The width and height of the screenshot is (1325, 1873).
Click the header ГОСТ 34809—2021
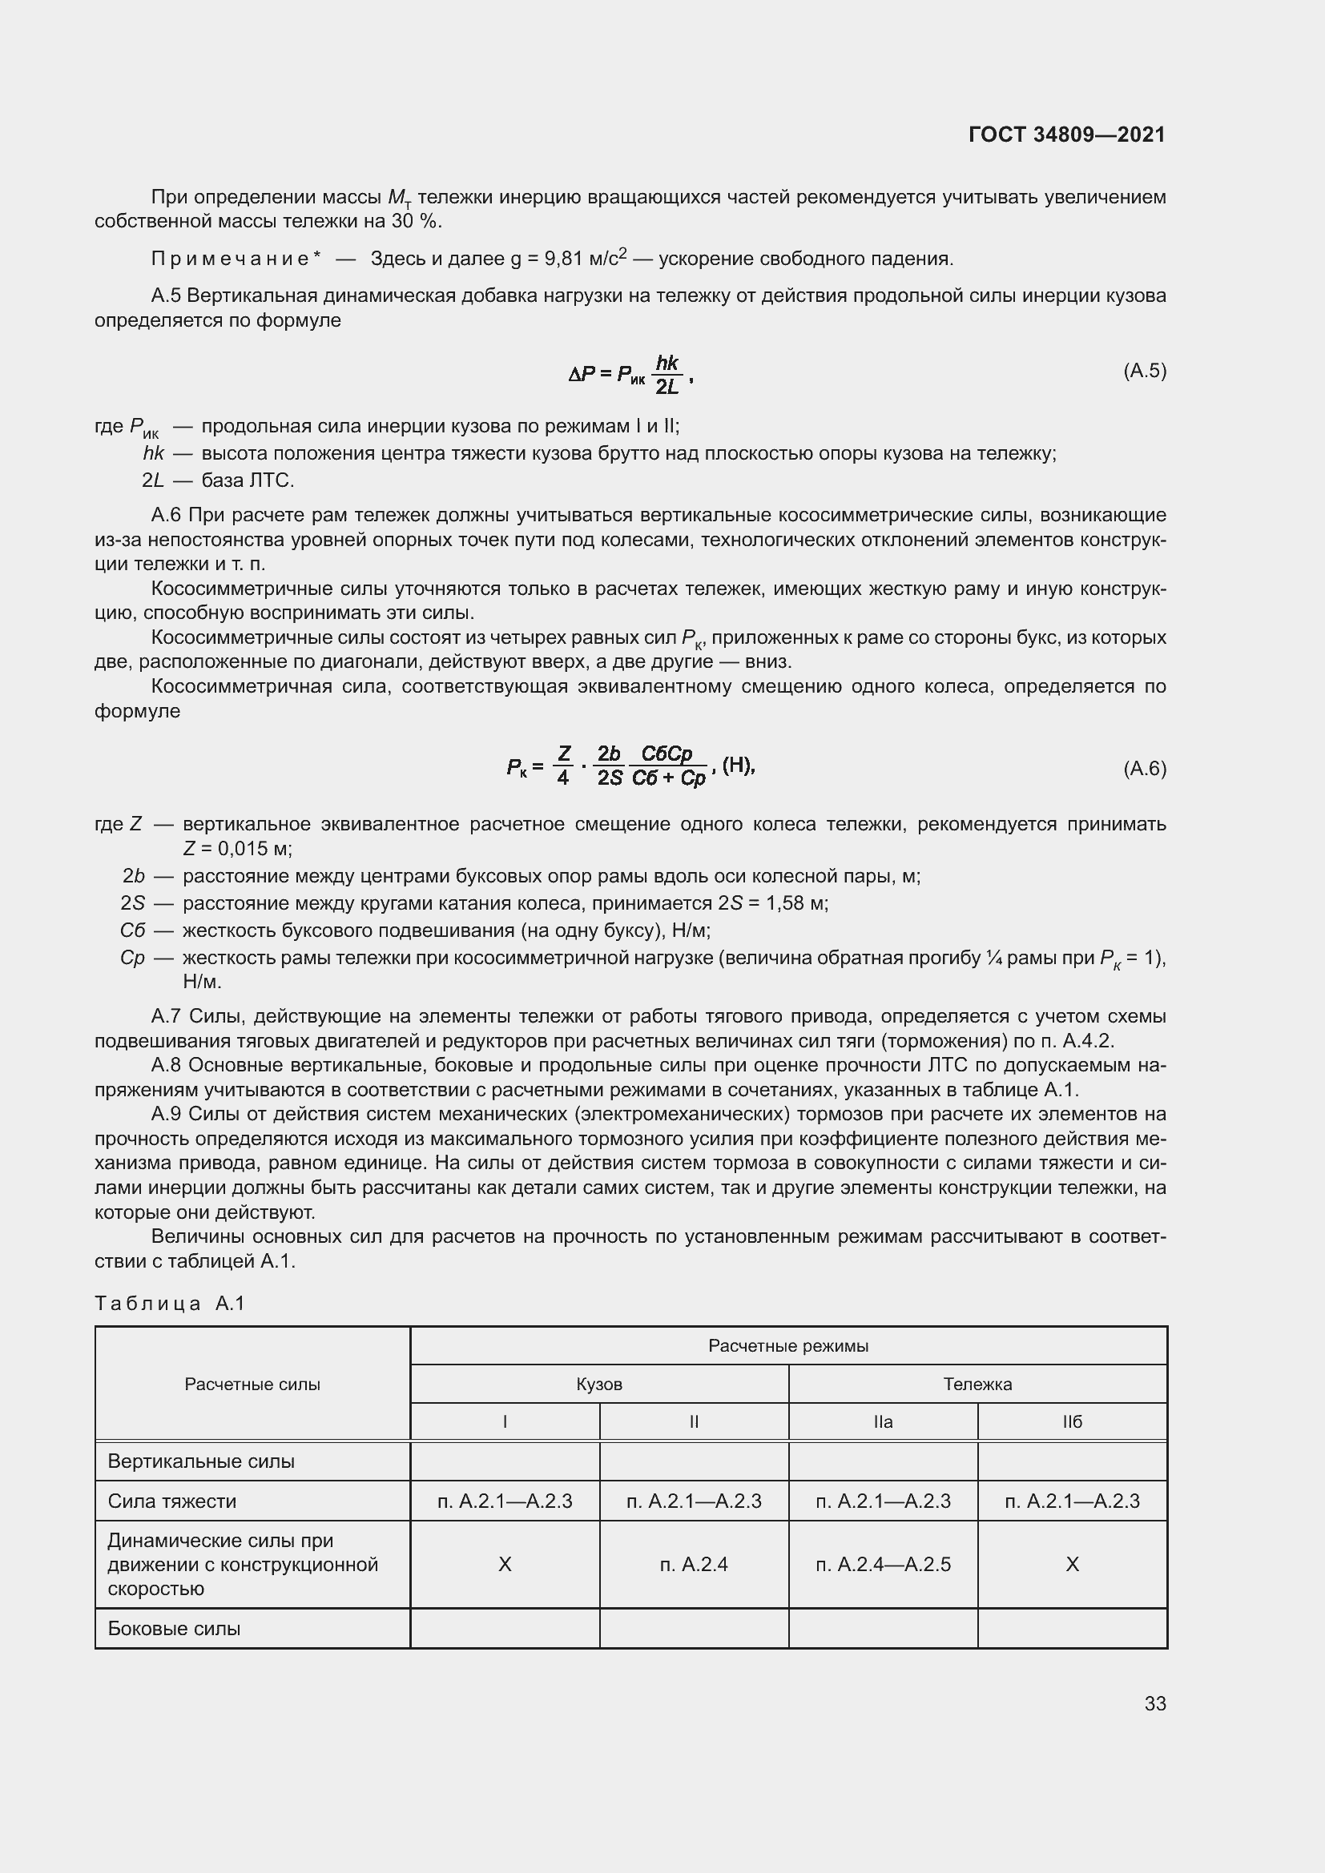[1066, 135]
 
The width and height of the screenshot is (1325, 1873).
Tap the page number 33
[1154, 1703]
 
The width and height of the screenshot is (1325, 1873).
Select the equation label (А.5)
[1145, 372]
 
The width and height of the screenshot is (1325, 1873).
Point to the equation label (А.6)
[1145, 769]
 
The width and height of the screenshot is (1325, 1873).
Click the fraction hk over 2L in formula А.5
[667, 375]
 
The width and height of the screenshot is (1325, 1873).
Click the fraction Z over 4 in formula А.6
[563, 766]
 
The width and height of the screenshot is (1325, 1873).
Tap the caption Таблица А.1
[170, 1304]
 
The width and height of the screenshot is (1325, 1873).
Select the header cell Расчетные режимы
[787, 1346]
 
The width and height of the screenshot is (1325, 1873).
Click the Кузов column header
[599, 1385]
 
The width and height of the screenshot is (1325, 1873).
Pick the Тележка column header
[977, 1385]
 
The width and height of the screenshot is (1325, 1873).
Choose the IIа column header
[883, 1422]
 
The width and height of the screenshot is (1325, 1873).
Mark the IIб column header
[1071, 1422]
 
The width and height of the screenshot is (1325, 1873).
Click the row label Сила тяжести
[172, 1501]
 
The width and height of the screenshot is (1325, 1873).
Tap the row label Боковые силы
[174, 1628]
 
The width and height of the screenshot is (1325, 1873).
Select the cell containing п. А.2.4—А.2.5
[883, 1564]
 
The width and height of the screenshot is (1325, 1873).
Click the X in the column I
[504, 1564]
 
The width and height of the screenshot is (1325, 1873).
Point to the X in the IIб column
[1071, 1564]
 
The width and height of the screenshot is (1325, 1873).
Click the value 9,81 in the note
[564, 259]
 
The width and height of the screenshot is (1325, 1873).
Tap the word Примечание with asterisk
[235, 259]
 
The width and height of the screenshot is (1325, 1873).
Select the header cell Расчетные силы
[252, 1385]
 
